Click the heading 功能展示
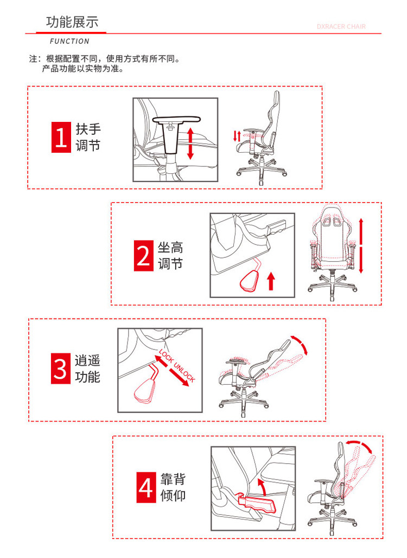(x=72, y=22)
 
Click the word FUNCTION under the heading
(x=69, y=41)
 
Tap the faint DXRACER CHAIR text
(x=341, y=27)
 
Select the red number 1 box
(x=61, y=138)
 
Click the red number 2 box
(x=143, y=256)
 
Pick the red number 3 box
(x=60, y=368)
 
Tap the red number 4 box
(x=146, y=487)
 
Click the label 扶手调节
(x=88, y=138)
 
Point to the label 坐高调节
(x=170, y=256)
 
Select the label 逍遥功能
(x=87, y=368)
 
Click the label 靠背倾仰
(x=173, y=487)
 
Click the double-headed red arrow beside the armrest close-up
(x=190, y=144)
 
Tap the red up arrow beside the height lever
(x=271, y=281)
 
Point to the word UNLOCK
(x=185, y=372)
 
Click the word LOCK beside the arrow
(x=166, y=356)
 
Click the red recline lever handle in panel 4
(x=256, y=503)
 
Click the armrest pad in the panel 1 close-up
(x=176, y=119)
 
